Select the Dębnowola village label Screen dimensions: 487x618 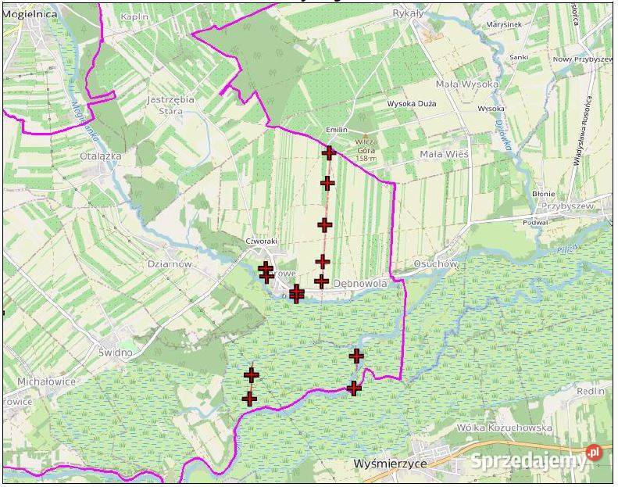360,284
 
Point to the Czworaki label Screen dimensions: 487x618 260,241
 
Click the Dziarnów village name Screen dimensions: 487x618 170,264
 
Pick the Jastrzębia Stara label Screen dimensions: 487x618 171,106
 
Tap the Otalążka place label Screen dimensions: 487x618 101,156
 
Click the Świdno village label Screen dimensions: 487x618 116,352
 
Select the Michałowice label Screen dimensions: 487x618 46,381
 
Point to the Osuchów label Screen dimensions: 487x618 435,264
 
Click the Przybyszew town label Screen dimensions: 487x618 563,206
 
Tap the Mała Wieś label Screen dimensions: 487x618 444,154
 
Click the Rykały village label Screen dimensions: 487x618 407,13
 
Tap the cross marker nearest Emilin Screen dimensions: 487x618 329,152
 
